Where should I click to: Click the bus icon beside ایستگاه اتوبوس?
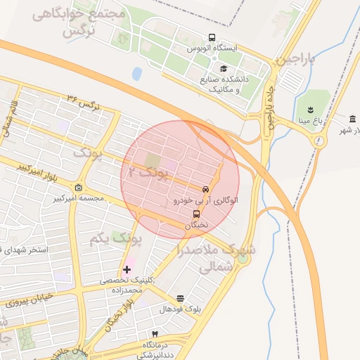click(212, 38)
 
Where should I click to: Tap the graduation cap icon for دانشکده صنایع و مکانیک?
click(224, 69)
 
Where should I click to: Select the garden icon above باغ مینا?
click(309, 108)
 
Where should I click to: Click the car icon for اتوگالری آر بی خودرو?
click(205, 189)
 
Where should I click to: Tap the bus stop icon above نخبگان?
click(196, 214)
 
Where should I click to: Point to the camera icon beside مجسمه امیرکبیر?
click(77, 188)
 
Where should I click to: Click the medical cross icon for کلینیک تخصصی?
click(127, 269)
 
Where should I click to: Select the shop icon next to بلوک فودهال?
click(181, 299)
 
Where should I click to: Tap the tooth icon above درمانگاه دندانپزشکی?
click(155, 333)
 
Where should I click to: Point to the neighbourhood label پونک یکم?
click(115, 240)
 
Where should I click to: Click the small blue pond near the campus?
click(136, 73)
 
